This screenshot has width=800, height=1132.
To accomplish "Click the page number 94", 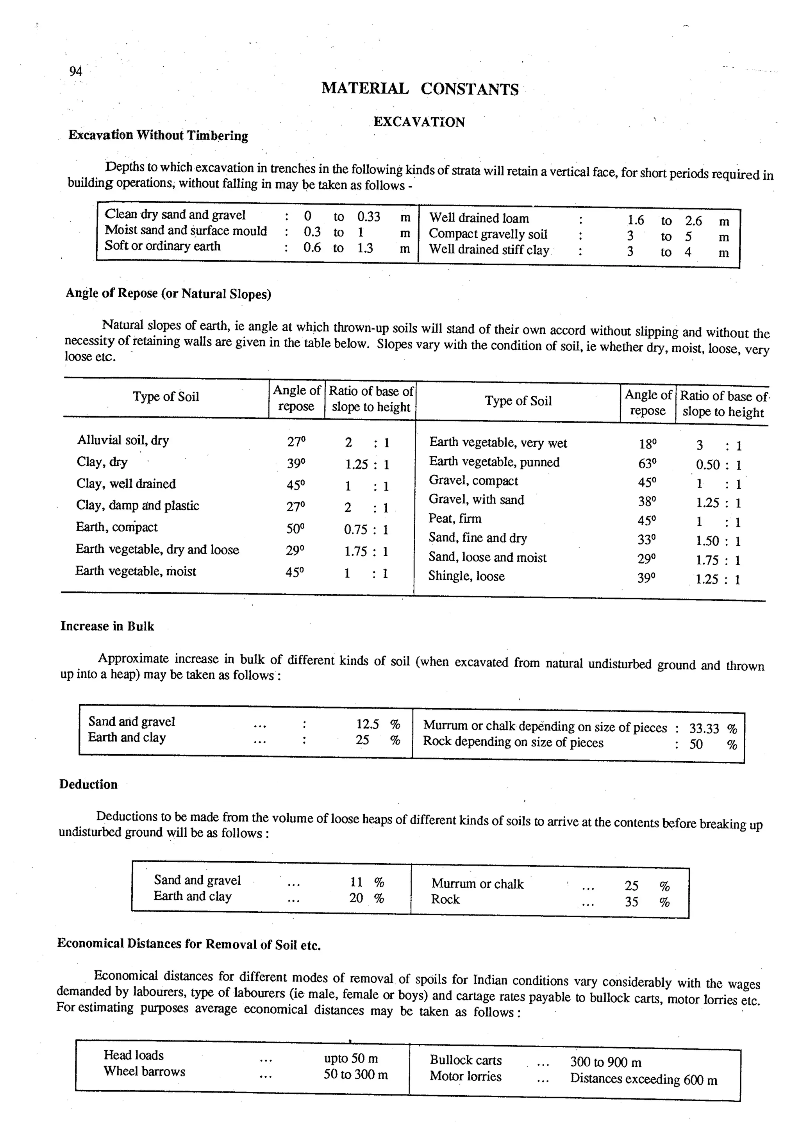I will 75,71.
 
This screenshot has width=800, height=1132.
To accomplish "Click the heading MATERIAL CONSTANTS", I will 420,89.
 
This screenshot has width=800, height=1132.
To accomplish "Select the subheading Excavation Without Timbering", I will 158,135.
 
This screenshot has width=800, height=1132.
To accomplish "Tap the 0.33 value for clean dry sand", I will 368,216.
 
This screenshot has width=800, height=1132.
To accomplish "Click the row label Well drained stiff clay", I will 489,250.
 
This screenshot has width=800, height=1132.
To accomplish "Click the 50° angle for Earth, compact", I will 295,529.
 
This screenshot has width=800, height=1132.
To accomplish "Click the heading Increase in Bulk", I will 107,626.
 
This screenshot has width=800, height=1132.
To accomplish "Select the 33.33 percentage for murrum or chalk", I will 704,728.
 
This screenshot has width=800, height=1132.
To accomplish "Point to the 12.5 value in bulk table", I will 368,724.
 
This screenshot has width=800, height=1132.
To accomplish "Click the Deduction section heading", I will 88,784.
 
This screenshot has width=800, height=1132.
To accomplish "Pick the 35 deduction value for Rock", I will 631,902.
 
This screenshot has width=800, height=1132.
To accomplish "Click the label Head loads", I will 134,1055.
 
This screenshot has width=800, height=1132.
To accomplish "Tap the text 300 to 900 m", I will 605,1062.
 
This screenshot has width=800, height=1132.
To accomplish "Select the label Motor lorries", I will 465,1076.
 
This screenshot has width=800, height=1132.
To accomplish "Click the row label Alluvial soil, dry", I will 123,440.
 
